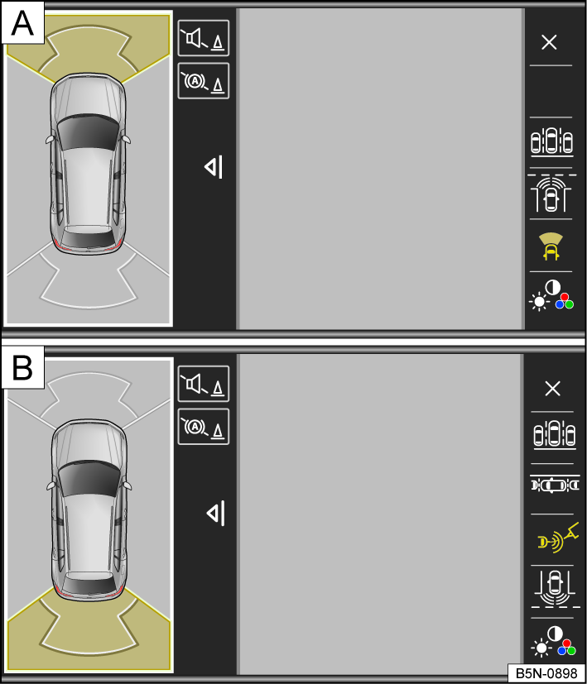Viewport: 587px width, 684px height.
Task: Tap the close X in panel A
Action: [x=549, y=43]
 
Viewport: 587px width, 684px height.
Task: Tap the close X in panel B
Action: [x=552, y=389]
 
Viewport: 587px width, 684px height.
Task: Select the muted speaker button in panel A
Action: [x=204, y=39]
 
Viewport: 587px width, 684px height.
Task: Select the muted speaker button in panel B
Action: [x=204, y=385]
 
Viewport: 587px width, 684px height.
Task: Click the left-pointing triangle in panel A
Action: [x=214, y=168]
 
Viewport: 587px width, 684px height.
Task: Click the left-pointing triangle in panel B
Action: [x=215, y=514]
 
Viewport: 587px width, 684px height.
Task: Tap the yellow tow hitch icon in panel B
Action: [x=552, y=538]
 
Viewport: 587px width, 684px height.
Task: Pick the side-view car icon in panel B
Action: [x=552, y=485]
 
